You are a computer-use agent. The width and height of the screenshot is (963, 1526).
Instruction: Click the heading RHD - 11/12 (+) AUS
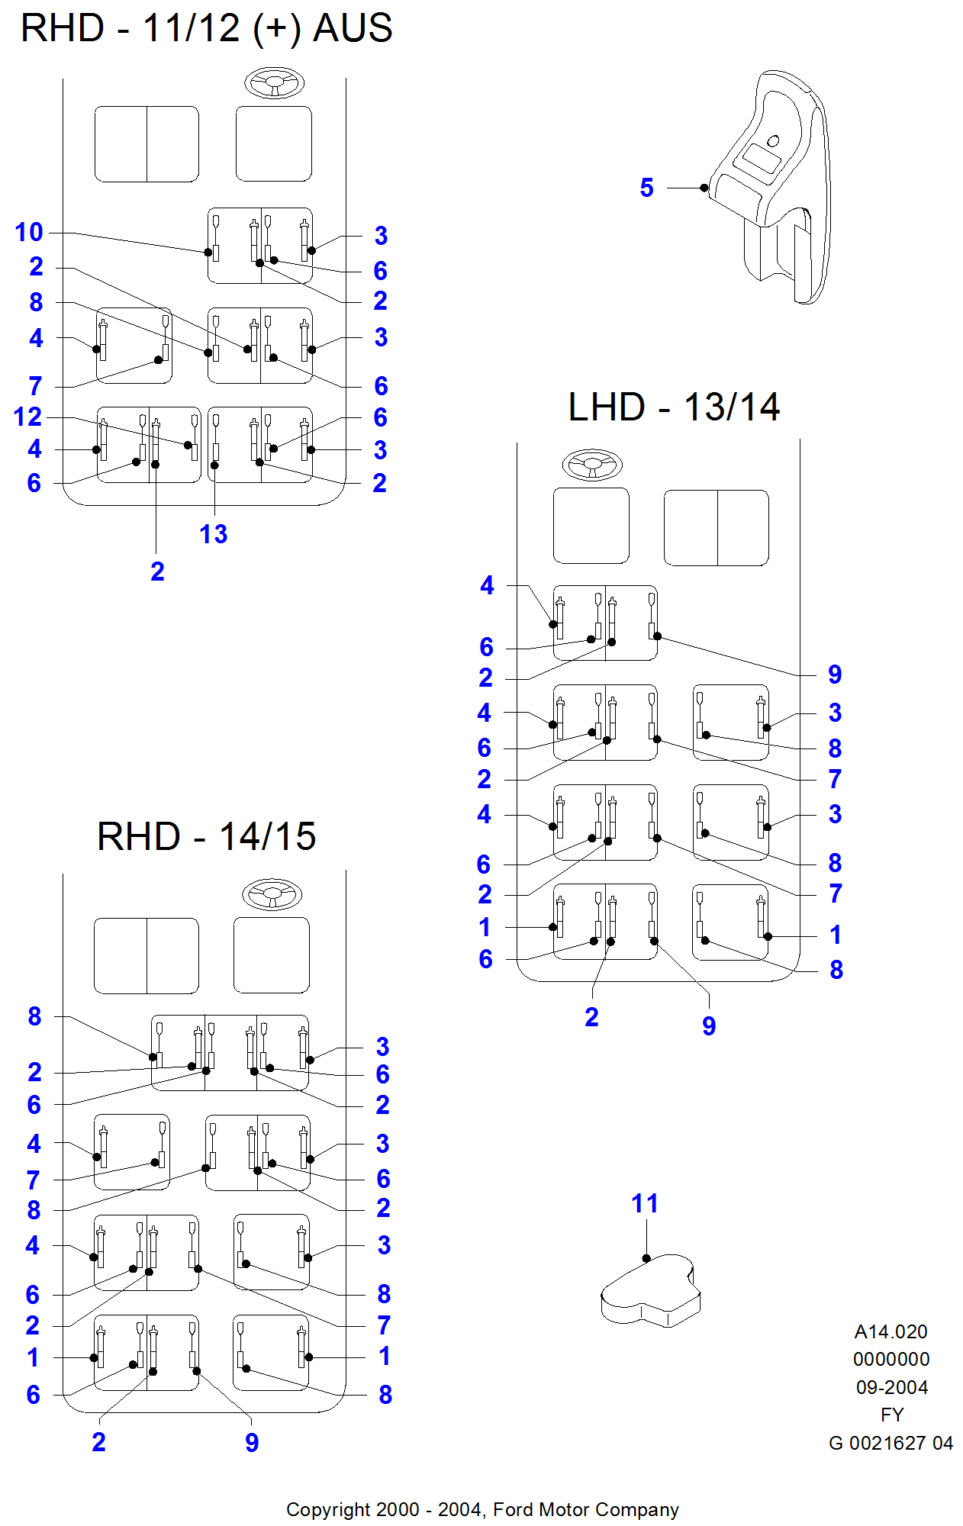click(206, 29)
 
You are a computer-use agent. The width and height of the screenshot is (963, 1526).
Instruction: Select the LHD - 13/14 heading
click(674, 407)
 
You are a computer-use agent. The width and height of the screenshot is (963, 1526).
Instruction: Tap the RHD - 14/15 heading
click(206, 836)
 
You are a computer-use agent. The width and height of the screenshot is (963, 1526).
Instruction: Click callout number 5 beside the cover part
click(646, 188)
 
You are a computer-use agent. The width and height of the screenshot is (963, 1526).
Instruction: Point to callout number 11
click(645, 1203)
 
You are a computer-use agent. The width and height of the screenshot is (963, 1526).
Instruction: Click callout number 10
click(29, 232)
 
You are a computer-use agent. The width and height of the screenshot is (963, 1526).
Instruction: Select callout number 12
click(27, 417)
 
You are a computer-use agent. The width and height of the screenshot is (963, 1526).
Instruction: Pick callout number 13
click(214, 534)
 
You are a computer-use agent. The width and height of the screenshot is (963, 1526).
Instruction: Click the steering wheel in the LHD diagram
click(592, 464)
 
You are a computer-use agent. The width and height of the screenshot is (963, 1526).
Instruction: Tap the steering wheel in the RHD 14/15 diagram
click(272, 893)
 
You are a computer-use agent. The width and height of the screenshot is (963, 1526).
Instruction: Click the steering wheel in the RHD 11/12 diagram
click(274, 82)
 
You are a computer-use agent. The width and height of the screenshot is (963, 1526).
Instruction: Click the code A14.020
click(891, 1331)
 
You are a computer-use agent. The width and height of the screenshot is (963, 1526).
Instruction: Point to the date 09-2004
click(891, 1387)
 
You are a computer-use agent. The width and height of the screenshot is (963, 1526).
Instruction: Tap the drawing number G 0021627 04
click(891, 1443)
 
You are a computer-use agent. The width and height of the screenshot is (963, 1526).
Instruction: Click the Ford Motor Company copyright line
click(482, 1509)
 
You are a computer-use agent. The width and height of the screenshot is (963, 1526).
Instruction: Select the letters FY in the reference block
click(891, 1415)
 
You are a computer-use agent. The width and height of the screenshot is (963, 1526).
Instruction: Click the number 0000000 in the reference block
click(891, 1359)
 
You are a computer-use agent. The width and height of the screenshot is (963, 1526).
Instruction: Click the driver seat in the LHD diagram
click(591, 526)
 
